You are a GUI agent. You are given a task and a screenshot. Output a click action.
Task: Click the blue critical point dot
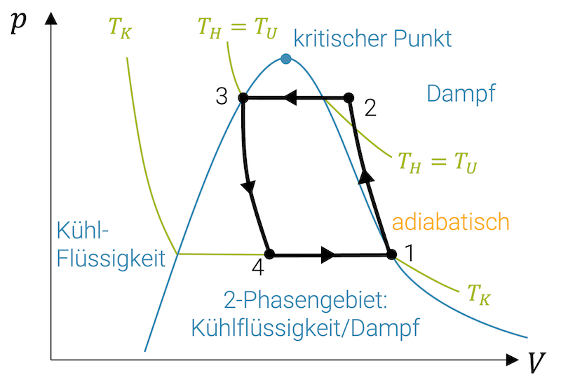(x=285, y=59)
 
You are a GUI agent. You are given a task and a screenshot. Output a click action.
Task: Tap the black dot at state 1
(x=391, y=255)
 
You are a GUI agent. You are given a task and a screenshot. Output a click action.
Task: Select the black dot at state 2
(x=349, y=98)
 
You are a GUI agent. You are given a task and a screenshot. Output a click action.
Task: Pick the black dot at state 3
(x=243, y=98)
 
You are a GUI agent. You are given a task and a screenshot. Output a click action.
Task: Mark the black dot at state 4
(x=269, y=255)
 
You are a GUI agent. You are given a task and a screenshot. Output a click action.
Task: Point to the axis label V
(x=536, y=362)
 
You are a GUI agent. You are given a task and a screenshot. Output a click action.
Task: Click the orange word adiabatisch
(x=450, y=222)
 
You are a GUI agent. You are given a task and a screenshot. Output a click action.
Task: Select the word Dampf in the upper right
(x=461, y=93)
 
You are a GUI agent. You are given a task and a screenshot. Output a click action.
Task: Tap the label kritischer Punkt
(x=372, y=38)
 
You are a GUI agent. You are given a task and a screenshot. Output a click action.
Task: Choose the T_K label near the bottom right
(x=479, y=294)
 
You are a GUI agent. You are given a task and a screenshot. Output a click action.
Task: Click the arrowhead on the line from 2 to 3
(x=293, y=98)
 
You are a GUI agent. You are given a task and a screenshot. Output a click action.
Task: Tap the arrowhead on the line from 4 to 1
(x=327, y=255)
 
